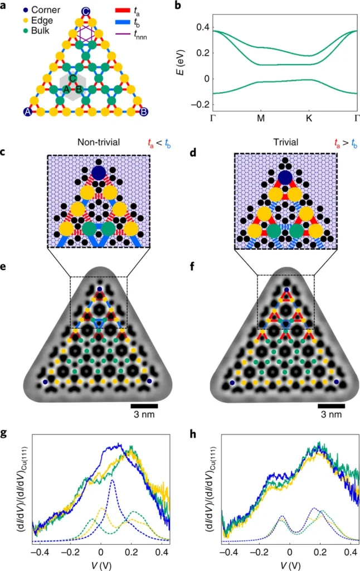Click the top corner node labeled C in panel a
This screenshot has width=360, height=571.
click(x=85, y=11)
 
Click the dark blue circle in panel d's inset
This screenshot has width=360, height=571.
click(x=285, y=178)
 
